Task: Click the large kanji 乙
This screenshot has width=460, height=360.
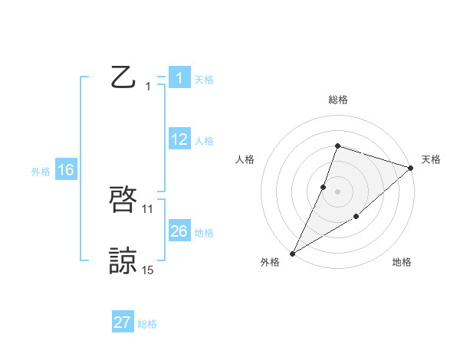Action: coord(123,77)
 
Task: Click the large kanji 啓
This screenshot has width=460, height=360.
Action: coord(123,201)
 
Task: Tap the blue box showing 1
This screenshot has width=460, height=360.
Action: coord(179,77)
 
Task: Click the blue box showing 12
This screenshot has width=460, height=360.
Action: coord(179,139)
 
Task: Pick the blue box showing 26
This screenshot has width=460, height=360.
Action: coord(179,231)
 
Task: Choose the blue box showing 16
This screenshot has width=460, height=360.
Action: coord(65,170)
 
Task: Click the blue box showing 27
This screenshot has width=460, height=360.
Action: coord(123,322)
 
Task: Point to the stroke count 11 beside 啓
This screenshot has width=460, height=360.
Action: coord(148,208)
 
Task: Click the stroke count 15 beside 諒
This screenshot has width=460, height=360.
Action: coord(148,270)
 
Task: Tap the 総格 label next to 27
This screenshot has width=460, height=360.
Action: coord(147,324)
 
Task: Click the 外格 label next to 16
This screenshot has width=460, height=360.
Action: coord(41,172)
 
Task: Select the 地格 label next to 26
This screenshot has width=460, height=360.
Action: coord(204,233)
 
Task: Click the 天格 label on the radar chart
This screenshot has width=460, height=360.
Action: coord(431,159)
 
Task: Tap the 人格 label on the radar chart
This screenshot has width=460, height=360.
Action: coord(245,159)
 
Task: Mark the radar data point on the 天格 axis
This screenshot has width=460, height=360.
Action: coord(411,168)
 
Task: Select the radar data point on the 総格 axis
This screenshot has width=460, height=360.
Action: coord(337,146)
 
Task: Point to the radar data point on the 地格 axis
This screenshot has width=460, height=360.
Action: coord(356,218)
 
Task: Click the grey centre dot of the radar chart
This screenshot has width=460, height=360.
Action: coord(337,191)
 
